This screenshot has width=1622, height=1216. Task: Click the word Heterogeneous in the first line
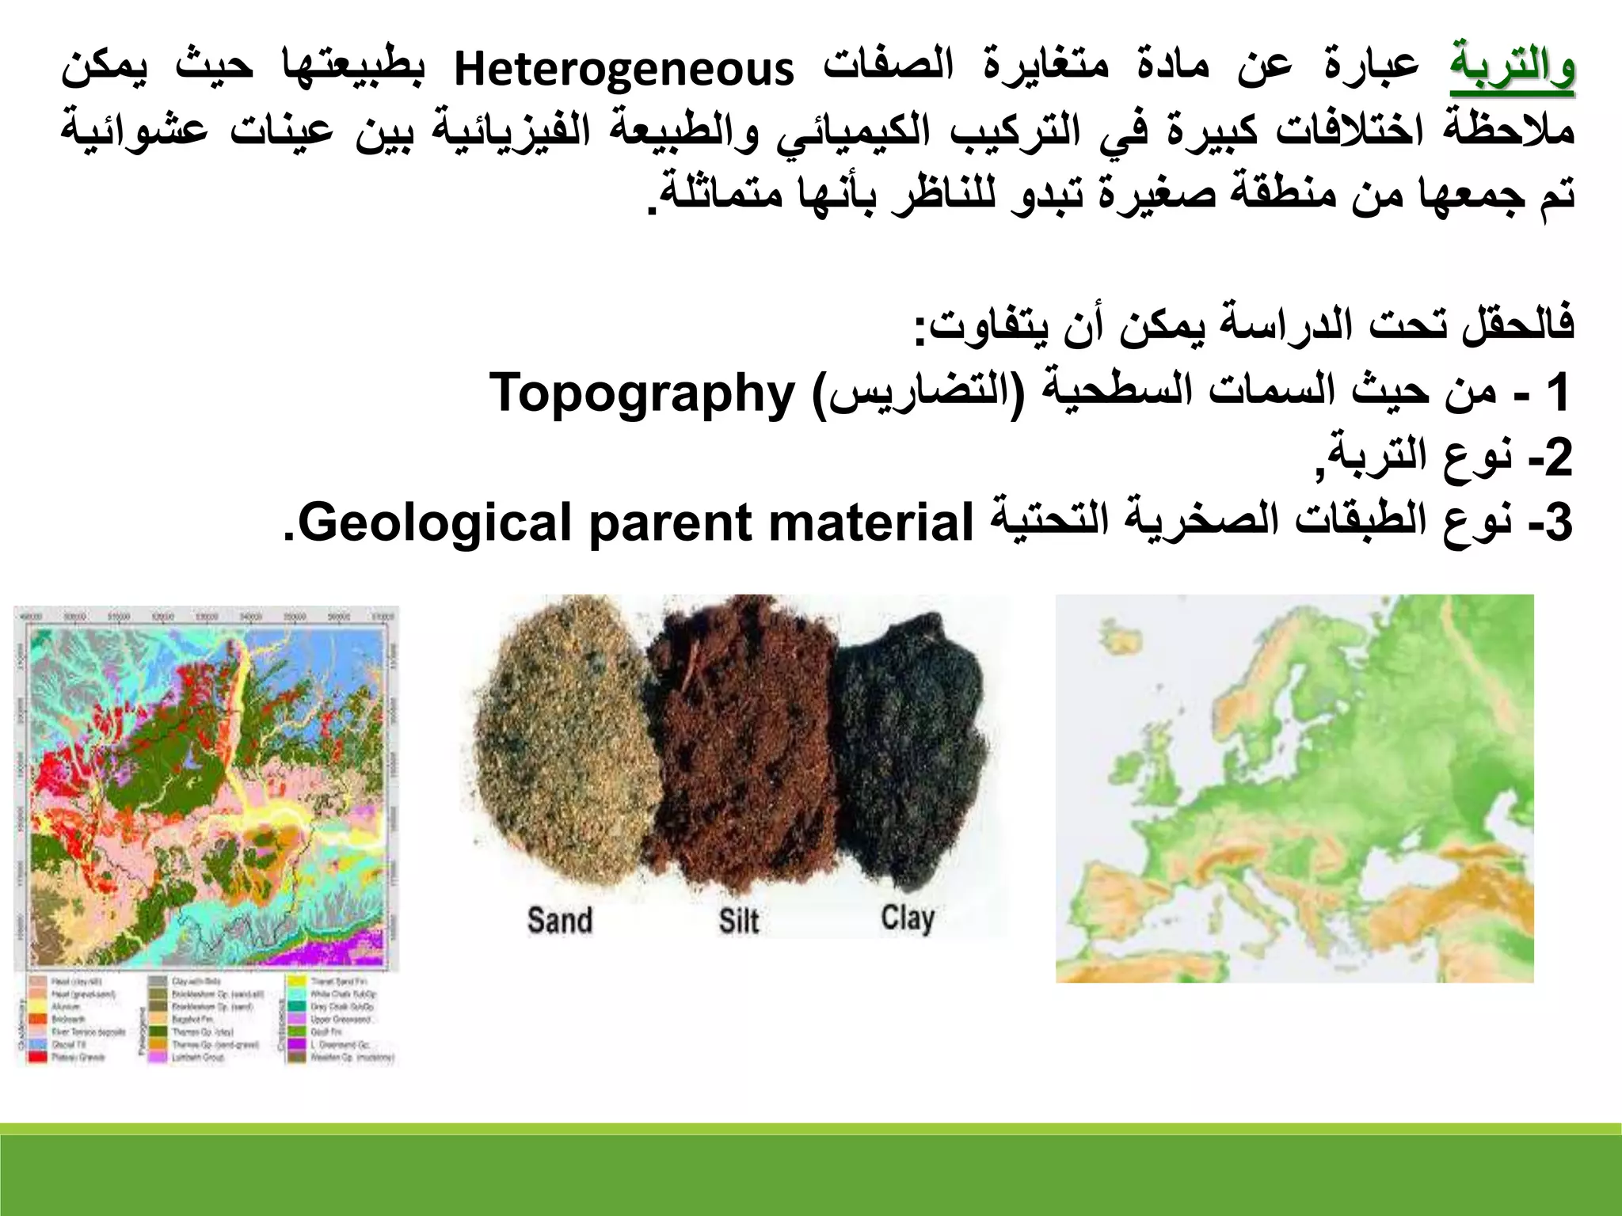click(623, 70)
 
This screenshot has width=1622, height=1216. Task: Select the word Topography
click(642, 393)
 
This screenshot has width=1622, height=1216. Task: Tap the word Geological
click(434, 524)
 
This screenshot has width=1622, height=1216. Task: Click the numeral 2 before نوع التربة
click(1559, 458)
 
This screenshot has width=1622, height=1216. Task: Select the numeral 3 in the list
click(1559, 524)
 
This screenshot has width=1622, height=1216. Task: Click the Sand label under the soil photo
click(559, 921)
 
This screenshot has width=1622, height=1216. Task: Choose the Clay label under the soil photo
click(908, 918)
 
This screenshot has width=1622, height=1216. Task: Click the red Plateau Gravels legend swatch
click(38, 1058)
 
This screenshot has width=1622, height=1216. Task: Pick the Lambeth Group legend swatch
click(158, 1058)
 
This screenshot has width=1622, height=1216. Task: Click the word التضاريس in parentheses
click(917, 393)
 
